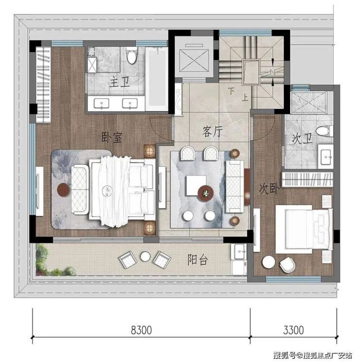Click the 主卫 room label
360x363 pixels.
click(119, 82)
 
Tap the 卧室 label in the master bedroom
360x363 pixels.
click(111, 138)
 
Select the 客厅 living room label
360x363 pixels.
click(213, 131)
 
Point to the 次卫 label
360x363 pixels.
click(302, 138)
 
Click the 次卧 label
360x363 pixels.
click(269, 189)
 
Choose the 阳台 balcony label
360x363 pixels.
click(198, 259)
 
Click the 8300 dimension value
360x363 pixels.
click(141, 330)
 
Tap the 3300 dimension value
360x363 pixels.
click(293, 330)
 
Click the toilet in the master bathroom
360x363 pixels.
click(132, 55)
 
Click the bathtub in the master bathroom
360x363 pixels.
click(157, 79)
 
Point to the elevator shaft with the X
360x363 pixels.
click(194, 61)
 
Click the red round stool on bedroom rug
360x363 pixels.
click(63, 190)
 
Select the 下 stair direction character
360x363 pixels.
click(231, 91)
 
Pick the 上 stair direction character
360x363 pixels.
click(245, 97)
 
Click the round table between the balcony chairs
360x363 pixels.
click(145, 256)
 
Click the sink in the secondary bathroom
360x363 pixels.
click(325, 156)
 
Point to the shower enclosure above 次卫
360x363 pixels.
click(308, 103)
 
